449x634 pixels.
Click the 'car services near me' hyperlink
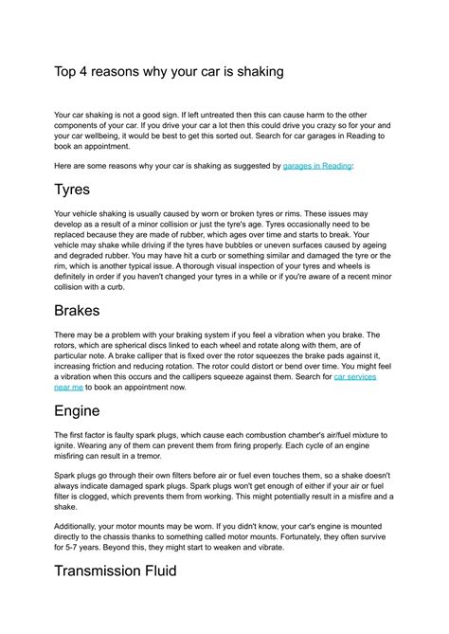[x=355, y=376]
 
